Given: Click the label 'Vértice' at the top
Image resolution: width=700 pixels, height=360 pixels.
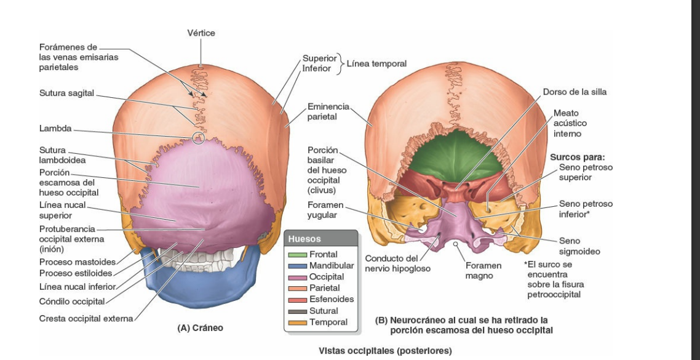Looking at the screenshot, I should (202, 33).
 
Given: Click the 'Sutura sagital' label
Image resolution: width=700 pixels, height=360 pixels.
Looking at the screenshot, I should (66, 93).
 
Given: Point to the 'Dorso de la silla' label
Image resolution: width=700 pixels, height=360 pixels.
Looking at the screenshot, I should (575, 92).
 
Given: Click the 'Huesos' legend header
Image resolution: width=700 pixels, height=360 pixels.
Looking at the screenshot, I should (304, 238).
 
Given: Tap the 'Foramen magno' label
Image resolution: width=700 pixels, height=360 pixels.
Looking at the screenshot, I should (483, 271).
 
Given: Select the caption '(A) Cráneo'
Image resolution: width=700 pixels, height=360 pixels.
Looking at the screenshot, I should (200, 328).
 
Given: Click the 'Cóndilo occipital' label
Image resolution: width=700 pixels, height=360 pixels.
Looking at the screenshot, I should (72, 301).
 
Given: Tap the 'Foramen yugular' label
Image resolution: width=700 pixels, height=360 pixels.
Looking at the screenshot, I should (325, 209).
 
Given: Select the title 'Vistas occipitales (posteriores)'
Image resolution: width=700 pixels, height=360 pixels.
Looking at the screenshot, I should (384, 351).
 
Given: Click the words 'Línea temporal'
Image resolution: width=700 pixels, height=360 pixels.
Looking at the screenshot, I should (376, 63).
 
